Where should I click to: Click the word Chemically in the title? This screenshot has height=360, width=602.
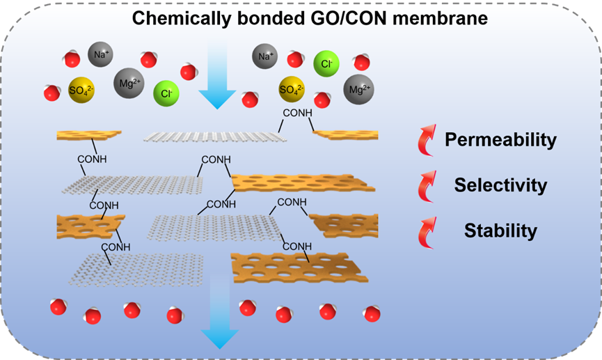168,17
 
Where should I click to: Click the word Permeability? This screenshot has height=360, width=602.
501,140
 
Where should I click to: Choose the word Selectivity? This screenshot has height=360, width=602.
500,185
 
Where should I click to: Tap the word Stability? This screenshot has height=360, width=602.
500,230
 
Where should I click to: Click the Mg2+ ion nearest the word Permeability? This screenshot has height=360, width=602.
359,89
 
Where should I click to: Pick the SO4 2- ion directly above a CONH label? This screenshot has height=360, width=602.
292,89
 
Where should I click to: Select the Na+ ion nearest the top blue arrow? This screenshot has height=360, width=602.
264,56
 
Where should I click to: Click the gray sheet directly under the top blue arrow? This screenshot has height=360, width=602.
216,135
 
